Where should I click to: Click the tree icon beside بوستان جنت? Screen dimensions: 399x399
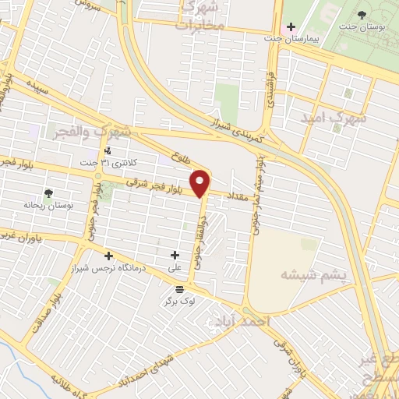(362, 14)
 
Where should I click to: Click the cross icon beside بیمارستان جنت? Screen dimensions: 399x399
(291, 26)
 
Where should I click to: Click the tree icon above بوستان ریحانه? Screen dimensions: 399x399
(49, 192)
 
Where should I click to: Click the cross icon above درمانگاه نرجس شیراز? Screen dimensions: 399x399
(108, 256)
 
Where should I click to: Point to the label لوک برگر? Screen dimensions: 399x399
(178, 300)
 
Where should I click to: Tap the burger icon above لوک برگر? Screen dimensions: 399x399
(178, 288)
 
